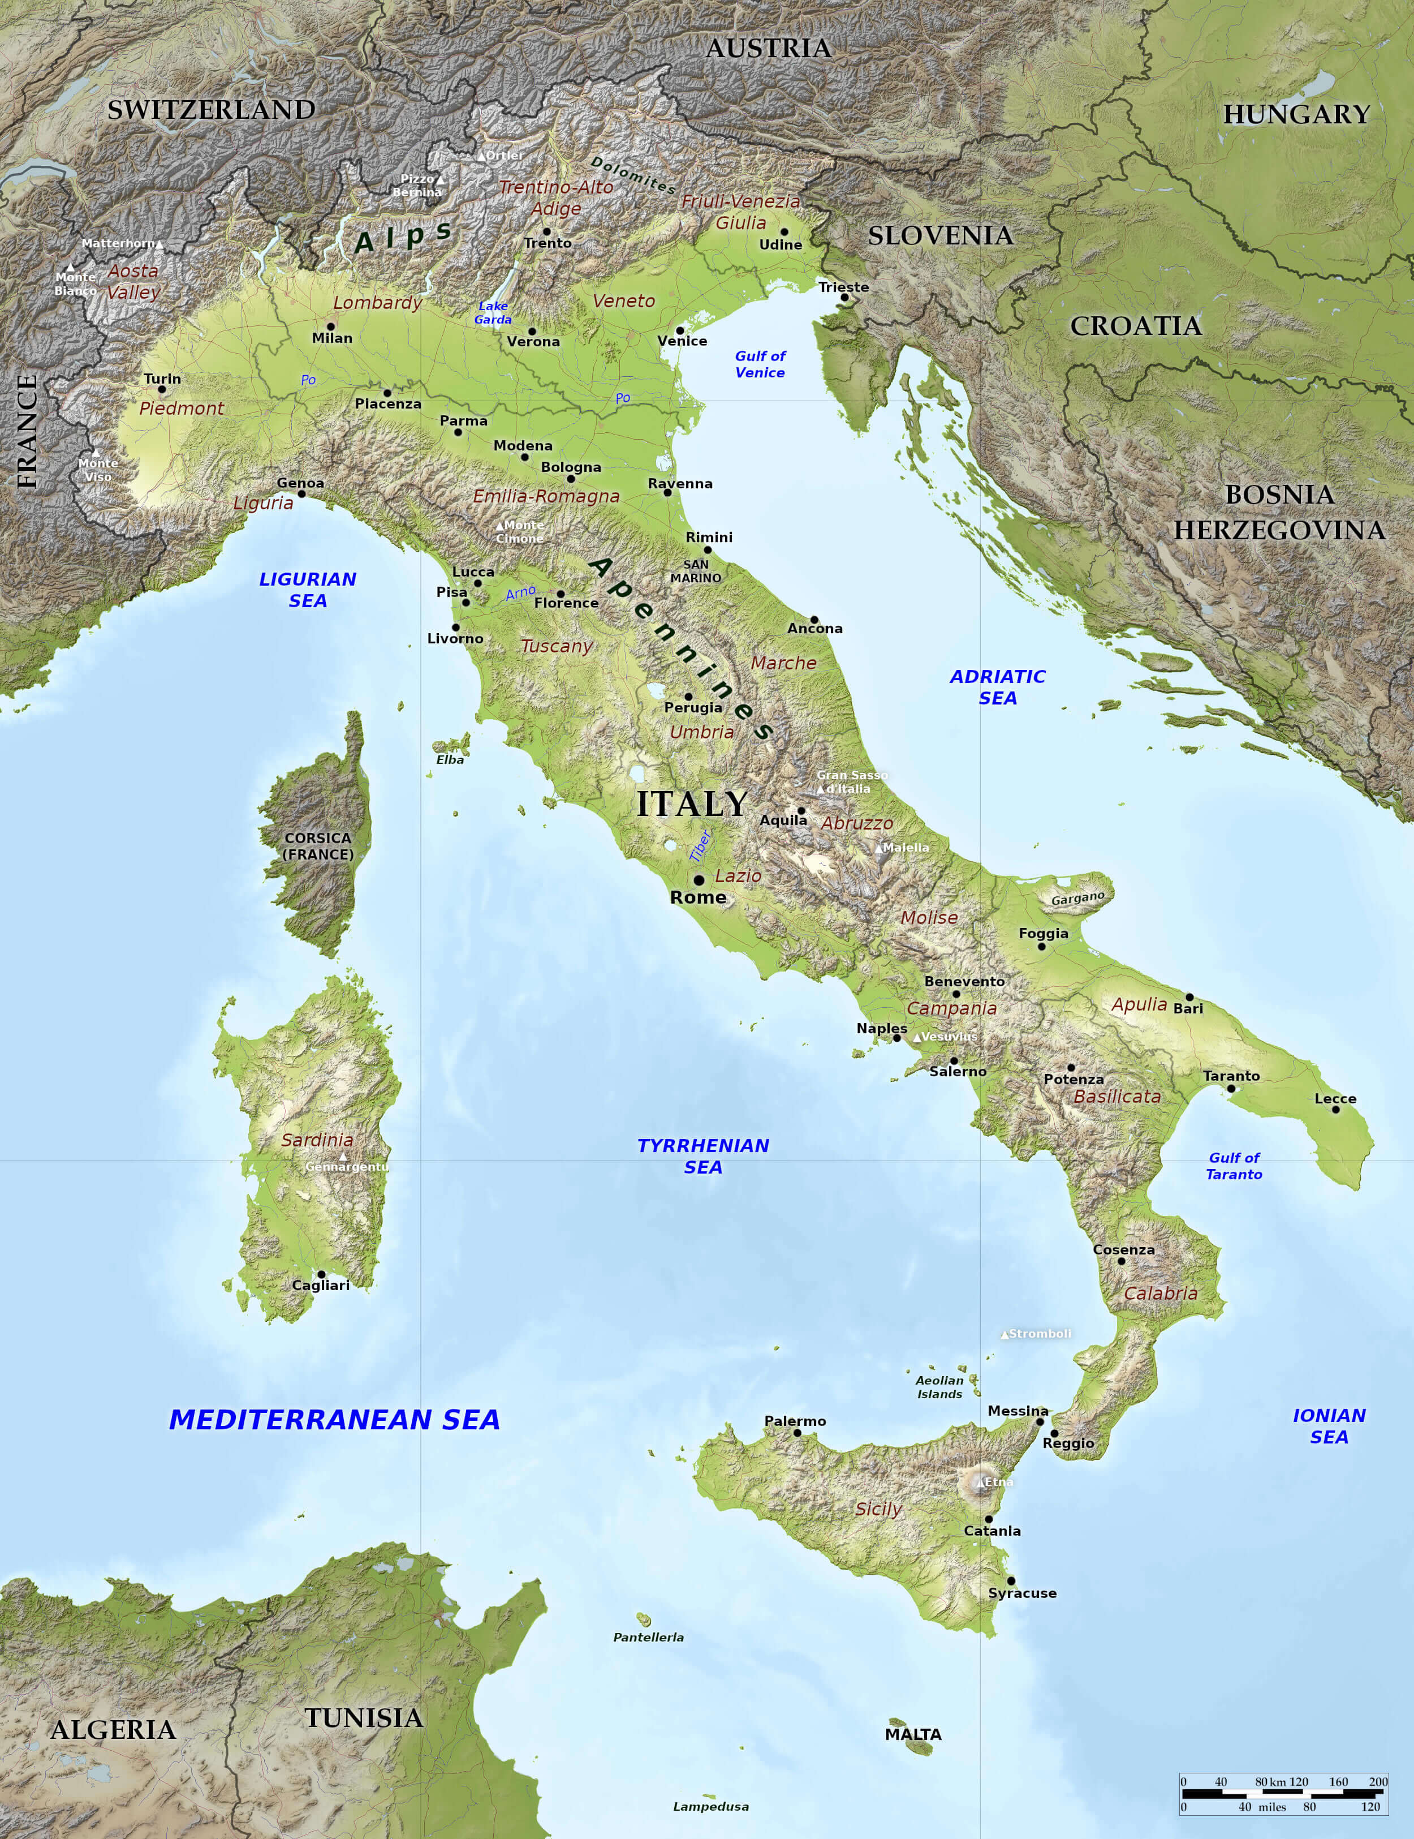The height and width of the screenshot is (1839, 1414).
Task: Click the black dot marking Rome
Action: click(x=699, y=880)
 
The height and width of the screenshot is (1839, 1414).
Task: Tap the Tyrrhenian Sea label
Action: click(x=703, y=1156)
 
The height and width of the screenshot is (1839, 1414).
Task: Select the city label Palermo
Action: click(x=795, y=1420)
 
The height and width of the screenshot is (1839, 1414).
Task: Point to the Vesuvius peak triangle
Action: click(x=917, y=1037)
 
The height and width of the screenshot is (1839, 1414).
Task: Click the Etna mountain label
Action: click(x=999, y=1481)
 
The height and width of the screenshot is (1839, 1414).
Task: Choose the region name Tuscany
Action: click(x=557, y=646)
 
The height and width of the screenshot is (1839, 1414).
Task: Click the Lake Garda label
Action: click(x=493, y=312)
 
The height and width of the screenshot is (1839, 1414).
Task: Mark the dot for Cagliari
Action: click(x=321, y=1274)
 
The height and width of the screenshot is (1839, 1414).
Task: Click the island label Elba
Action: click(x=450, y=759)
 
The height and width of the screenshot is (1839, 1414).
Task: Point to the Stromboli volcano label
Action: click(x=1040, y=1334)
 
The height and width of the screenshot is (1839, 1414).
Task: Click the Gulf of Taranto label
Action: click(x=1234, y=1166)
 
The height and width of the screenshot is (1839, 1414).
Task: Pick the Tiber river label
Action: click(x=700, y=845)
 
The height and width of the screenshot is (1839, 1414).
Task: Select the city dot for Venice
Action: click(x=680, y=330)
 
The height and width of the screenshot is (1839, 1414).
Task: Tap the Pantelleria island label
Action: click(x=648, y=1637)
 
